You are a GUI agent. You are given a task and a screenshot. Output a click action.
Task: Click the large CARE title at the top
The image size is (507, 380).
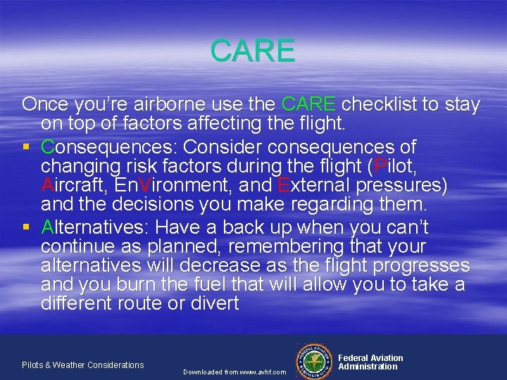(252, 51)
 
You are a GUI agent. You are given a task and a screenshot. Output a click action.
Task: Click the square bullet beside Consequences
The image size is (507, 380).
(26, 148)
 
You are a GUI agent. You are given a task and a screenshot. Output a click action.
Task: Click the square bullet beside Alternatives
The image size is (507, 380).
(26, 227)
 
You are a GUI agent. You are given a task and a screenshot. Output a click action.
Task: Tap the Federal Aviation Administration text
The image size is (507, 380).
(370, 362)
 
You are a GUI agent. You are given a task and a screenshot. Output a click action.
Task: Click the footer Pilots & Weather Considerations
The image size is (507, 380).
(82, 365)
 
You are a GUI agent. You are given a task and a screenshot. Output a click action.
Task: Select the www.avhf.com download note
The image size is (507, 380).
(234, 372)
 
